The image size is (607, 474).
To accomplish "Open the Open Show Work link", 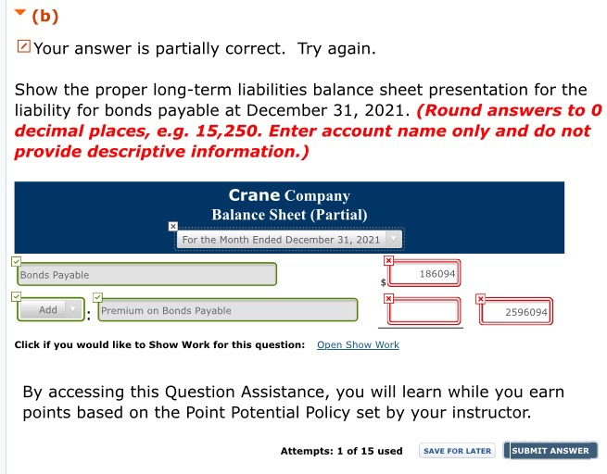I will click(358, 344).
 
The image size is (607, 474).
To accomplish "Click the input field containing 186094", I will click(423, 275).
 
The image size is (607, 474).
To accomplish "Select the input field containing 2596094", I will click(515, 312).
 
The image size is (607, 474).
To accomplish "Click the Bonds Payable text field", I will click(146, 275).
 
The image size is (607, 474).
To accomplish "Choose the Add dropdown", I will click(51, 310).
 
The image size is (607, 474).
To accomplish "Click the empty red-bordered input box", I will click(423, 312).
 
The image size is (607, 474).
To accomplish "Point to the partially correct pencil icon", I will click(23, 47).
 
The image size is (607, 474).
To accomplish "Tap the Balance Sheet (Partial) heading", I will click(290, 215).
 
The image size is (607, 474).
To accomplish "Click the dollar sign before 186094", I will click(382, 281).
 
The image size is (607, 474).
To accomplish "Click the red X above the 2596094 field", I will click(481, 298).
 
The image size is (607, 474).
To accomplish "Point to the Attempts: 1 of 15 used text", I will click(341, 451).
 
